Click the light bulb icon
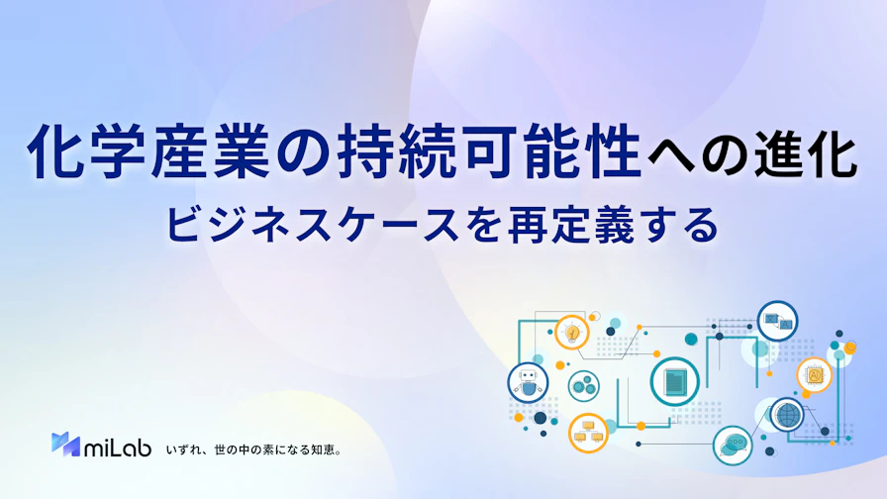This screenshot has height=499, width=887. (x=572, y=332)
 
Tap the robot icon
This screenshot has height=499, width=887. (x=528, y=382)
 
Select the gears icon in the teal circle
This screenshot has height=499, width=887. (x=583, y=386)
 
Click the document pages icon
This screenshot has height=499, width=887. (x=674, y=382)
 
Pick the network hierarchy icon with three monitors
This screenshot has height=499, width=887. (x=588, y=433)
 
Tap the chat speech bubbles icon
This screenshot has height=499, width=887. (x=733, y=446)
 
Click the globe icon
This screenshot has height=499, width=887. (x=786, y=415)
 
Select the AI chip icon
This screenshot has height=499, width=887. (x=814, y=374)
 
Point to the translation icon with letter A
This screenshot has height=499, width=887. (x=778, y=321)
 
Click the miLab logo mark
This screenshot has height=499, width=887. (x=65, y=445)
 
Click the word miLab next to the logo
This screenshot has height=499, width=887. (x=118, y=447)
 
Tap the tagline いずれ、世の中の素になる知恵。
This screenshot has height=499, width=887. (x=254, y=450)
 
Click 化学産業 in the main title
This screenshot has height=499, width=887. (x=148, y=152)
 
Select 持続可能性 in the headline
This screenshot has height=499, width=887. (x=490, y=152)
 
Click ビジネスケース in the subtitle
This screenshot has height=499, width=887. (x=312, y=225)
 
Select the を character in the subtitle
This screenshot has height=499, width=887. (x=483, y=225)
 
